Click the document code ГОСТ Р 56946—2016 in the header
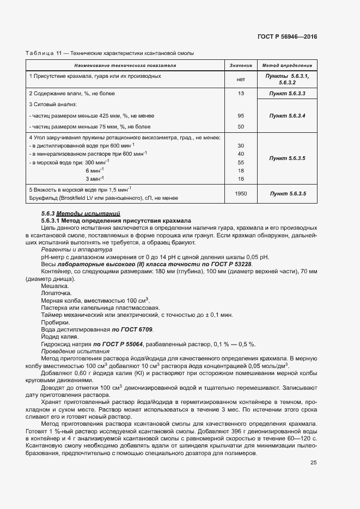[287, 36]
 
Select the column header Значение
[240, 65]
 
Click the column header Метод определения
[287, 65]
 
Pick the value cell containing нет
[240, 79]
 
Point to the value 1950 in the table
[240, 193]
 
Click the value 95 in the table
[240, 116]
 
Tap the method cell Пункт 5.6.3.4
[287, 116]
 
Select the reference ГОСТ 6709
[133, 329]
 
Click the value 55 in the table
[240, 162]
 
